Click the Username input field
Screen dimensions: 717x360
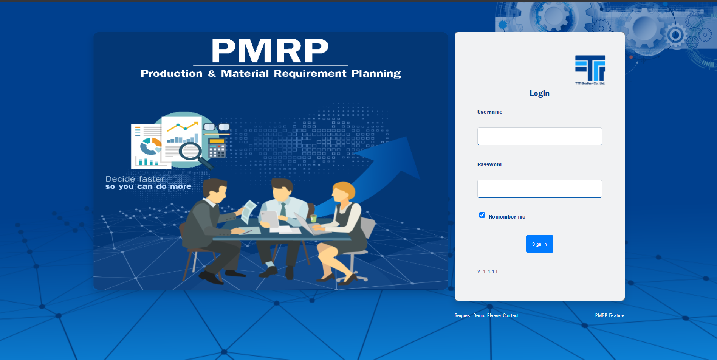click(539, 136)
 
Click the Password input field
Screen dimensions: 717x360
click(539, 189)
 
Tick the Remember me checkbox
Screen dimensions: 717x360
click(482, 215)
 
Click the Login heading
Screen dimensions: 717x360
click(539, 93)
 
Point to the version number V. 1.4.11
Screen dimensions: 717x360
click(487, 272)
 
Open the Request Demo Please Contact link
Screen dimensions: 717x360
click(486, 315)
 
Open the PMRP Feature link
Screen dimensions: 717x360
click(610, 315)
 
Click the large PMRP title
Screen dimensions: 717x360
click(270, 51)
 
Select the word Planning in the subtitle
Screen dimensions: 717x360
click(376, 74)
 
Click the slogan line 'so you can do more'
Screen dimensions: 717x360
click(148, 186)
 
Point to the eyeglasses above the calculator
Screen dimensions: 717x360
click(217, 127)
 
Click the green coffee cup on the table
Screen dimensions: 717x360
click(313, 218)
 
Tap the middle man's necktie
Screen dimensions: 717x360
click(283, 209)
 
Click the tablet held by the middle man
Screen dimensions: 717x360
click(270, 219)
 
